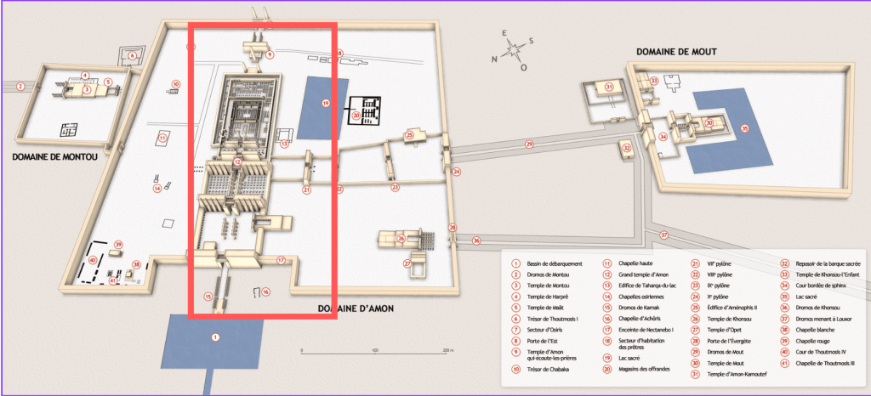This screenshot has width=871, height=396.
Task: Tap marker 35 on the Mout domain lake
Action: [744, 129]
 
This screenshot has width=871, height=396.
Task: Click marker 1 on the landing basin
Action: [215, 337]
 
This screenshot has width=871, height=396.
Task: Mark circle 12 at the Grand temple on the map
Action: [237, 161]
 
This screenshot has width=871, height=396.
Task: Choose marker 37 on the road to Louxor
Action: [664, 235]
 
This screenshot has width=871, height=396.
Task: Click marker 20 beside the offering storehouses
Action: [356, 115]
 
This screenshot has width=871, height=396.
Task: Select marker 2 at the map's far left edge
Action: [19, 86]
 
